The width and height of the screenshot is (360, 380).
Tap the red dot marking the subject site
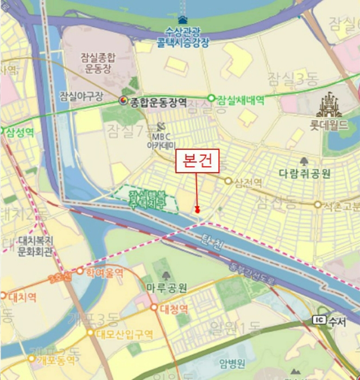pyautogui.click(x=198, y=209)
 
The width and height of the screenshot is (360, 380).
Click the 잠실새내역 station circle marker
pyautogui.click(x=211, y=98)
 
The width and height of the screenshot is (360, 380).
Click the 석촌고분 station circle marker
pyautogui.click(x=318, y=205)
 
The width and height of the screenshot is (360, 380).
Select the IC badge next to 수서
pyautogui.click(x=319, y=320)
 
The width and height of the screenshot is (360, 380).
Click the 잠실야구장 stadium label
pyautogui.click(x=81, y=97)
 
